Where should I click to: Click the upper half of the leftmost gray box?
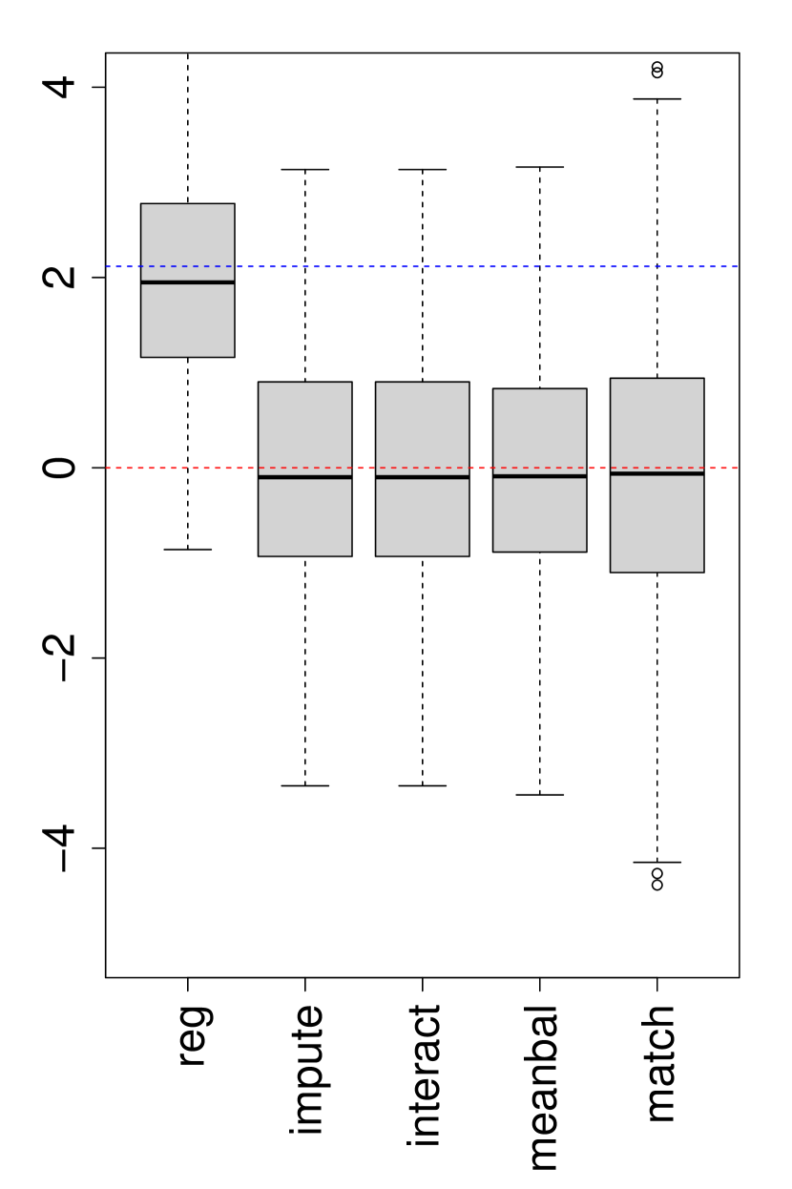[x=187, y=234]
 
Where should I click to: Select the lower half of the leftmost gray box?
[x=187, y=321]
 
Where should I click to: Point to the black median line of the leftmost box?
[x=187, y=282]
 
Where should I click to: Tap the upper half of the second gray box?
[x=304, y=425]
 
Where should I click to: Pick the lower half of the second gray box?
[x=304, y=517]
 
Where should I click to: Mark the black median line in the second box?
[x=304, y=476]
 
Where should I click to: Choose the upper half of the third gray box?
[x=422, y=425]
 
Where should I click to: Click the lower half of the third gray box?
[x=422, y=517]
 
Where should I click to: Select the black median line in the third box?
[x=422, y=476]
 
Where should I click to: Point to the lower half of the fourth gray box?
[x=539, y=515]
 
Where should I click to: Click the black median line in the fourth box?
[x=539, y=475]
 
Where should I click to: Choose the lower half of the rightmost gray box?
[x=657, y=524]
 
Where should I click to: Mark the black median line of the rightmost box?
[x=657, y=472]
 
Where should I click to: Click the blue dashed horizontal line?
[x=477, y=266]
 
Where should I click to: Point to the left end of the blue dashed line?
[x=107, y=266]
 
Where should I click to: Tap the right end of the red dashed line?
[x=737, y=468]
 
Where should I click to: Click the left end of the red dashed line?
[x=107, y=468]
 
